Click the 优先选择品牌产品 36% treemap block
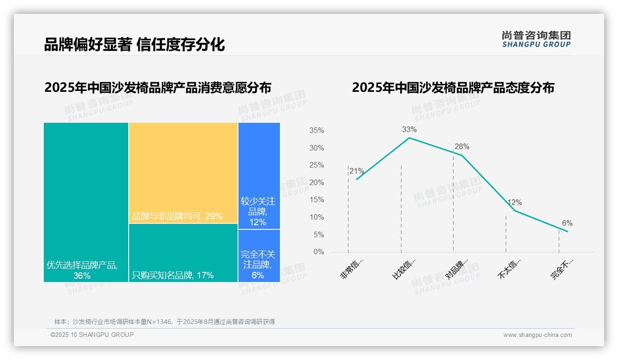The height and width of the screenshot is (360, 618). pyautogui.click(x=86, y=202)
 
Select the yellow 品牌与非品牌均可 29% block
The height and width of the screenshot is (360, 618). pyautogui.click(x=183, y=173)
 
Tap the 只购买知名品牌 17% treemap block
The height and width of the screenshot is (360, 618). pyautogui.click(x=183, y=253)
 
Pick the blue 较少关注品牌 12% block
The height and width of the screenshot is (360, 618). pyautogui.click(x=259, y=176)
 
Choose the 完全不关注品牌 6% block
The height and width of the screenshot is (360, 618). pyautogui.click(x=259, y=256)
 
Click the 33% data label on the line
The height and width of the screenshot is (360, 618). pyautogui.click(x=409, y=129)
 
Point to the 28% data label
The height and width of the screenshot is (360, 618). pyautogui.click(x=462, y=147)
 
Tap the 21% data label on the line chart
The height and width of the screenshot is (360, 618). pyautogui.click(x=357, y=171)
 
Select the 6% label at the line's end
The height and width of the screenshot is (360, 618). pyautogui.click(x=567, y=223)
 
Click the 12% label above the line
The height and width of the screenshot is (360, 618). pyautogui.click(x=514, y=203)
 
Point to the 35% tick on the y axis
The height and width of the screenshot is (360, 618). pyautogui.click(x=316, y=131)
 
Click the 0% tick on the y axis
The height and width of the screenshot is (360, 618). pyautogui.click(x=318, y=252)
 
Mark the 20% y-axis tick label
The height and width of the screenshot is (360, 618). pyautogui.click(x=316, y=183)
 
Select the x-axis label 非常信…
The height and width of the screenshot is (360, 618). pyautogui.click(x=352, y=269)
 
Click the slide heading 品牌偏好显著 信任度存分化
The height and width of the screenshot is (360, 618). pyautogui.click(x=134, y=44)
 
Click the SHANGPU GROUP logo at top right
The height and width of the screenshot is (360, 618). pyautogui.click(x=536, y=39)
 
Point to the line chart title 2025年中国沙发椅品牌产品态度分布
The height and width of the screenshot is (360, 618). pyautogui.click(x=453, y=87)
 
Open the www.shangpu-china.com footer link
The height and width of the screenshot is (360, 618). pyautogui.click(x=537, y=335)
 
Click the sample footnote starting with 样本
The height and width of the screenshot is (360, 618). pyautogui.click(x=164, y=322)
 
